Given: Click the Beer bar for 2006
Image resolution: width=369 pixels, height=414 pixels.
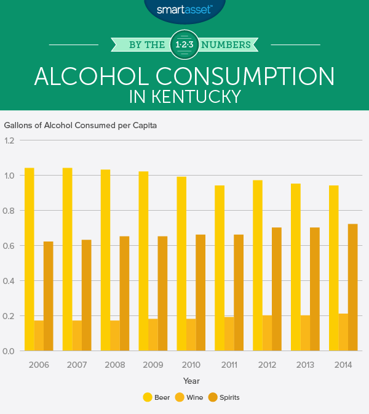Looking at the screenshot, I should (29, 259).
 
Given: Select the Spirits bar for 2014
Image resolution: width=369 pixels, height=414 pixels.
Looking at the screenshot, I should (353, 288).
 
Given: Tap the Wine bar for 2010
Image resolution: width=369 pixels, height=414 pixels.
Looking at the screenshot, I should (191, 335).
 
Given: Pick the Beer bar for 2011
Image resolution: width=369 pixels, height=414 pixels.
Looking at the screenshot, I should (220, 268).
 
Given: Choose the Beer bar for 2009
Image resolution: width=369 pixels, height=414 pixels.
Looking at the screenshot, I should (143, 261).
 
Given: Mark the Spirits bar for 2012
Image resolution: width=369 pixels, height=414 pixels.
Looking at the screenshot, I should (277, 290).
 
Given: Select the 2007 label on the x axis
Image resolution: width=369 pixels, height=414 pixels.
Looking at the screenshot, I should (77, 365).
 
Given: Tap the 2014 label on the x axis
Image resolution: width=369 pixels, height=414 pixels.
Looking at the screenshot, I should (343, 365).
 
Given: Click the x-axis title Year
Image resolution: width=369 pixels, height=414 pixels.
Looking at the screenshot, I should (191, 381).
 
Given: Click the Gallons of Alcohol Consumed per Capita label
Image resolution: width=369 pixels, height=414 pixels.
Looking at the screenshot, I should (81, 125).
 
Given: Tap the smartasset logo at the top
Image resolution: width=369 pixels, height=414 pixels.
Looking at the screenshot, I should (184, 9).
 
